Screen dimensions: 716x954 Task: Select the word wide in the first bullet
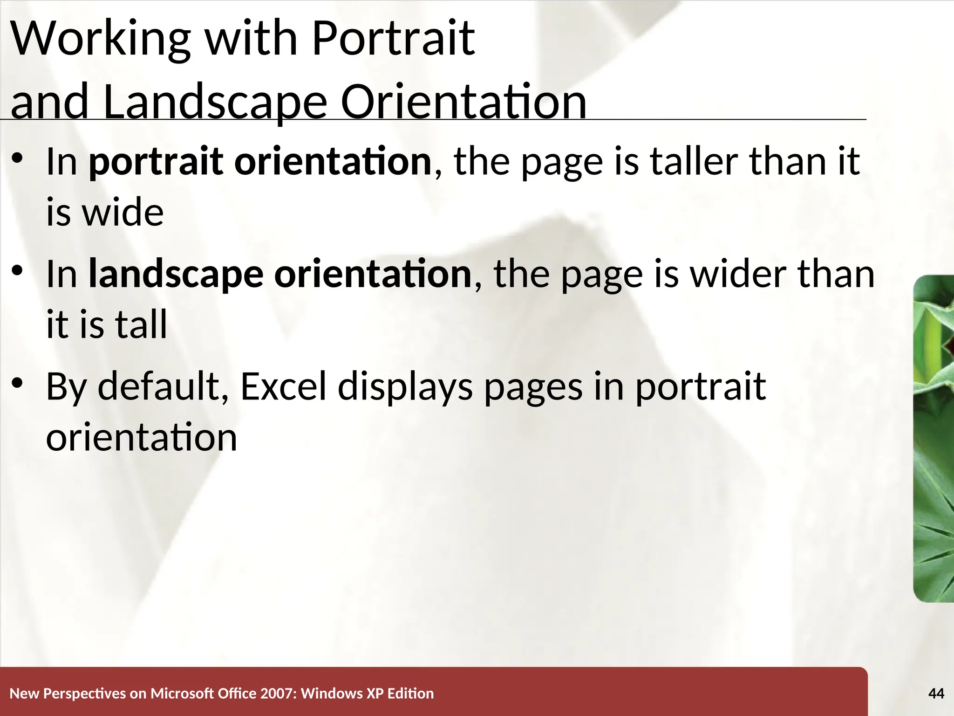(x=123, y=213)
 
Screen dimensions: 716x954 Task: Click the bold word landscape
(x=176, y=275)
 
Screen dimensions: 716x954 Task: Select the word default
(x=158, y=387)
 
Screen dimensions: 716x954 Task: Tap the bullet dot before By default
(x=17, y=384)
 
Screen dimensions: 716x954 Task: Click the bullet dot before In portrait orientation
(x=17, y=158)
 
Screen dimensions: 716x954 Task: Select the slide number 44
(x=936, y=694)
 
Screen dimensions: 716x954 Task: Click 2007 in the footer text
(x=278, y=694)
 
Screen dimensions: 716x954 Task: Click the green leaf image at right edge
(x=934, y=438)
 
